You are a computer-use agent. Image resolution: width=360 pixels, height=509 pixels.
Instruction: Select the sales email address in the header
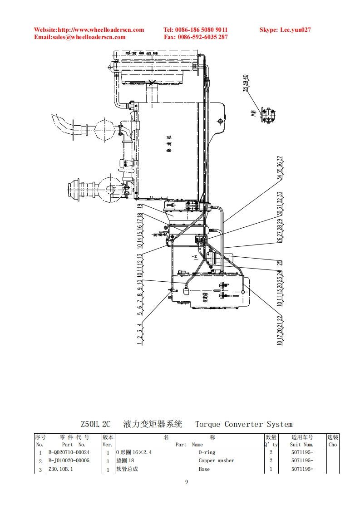[80, 37]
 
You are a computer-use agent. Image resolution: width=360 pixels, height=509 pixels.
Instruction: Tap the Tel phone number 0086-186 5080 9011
[195, 30]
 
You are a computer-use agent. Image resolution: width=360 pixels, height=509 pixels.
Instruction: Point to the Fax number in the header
[196, 37]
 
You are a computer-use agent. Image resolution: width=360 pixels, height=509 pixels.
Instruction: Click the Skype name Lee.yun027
[285, 30]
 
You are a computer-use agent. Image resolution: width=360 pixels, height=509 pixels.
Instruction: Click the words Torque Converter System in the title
[244, 425]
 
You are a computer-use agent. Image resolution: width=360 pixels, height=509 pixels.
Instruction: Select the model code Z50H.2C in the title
[95, 425]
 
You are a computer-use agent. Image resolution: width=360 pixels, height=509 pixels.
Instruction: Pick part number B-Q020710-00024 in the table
[69, 452]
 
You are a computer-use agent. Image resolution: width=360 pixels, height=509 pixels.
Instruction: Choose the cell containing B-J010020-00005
[69, 460]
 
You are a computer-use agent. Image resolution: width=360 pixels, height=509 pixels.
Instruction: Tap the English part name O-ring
[207, 452]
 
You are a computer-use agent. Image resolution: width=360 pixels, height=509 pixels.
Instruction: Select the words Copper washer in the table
[217, 460]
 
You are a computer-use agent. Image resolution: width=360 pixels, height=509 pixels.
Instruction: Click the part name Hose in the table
[204, 469]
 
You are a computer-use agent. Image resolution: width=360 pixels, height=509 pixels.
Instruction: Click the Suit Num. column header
[302, 445]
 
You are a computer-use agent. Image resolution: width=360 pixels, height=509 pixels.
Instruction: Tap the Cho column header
[333, 445]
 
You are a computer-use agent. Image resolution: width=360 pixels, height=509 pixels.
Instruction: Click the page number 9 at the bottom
[187, 482]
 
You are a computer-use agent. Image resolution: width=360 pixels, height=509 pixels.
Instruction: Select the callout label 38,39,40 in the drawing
[246, 83]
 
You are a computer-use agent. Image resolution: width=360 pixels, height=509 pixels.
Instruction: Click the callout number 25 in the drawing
[280, 262]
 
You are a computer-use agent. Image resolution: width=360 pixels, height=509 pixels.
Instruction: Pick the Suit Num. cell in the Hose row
[302, 469]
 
